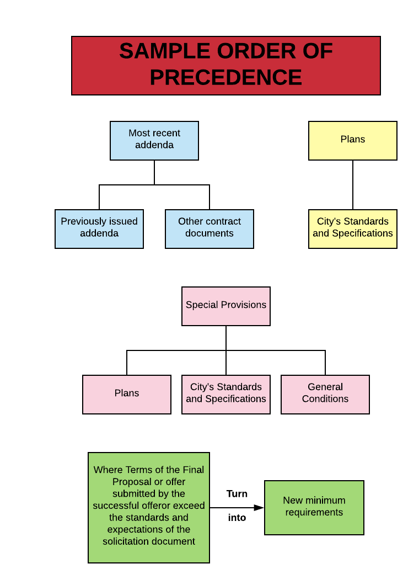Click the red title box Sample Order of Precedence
226,66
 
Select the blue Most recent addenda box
154,141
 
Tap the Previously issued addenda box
99,229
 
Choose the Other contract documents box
209,229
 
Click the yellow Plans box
353,141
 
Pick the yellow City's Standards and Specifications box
353,229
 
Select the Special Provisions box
226,306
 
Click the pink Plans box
127,395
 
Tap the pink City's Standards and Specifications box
226,395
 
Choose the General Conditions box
325,395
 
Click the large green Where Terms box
149,508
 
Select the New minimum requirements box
314,508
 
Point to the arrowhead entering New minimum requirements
259,508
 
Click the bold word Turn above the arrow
237,494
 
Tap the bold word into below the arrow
237,518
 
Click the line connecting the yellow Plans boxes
353,185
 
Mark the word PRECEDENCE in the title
226,78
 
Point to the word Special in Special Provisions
201,305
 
